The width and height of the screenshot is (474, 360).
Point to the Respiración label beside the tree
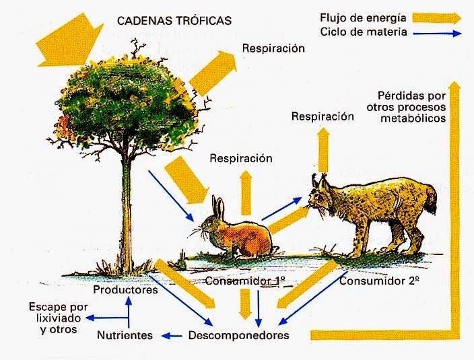274,48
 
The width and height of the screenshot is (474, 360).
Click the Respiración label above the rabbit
241,159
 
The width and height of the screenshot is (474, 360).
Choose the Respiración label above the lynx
323,116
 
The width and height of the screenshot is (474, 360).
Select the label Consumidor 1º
238,280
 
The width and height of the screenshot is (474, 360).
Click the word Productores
125,291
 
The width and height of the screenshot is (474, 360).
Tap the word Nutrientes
125,334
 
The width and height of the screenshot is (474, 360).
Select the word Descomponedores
239,334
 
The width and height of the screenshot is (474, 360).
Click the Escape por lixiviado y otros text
53,318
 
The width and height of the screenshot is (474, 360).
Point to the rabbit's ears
216,205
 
